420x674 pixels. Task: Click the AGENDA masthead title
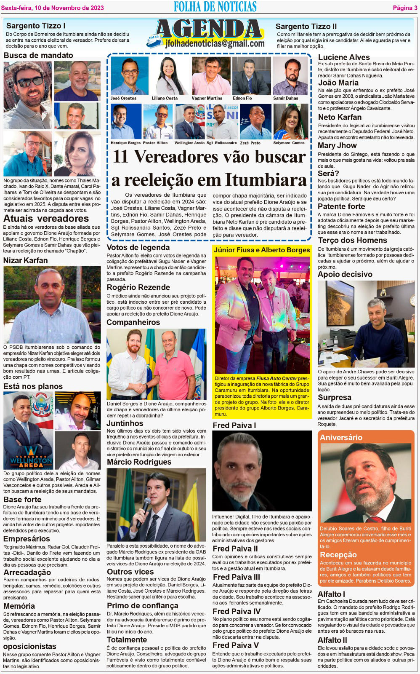point(209,29)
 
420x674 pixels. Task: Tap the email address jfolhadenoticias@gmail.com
point(215,43)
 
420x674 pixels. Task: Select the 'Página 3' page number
point(402,8)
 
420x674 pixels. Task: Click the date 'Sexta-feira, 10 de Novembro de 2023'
point(53,8)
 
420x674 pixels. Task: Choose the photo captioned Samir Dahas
point(290,76)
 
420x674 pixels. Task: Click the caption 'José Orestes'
point(124,98)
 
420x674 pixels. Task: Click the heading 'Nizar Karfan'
point(26,260)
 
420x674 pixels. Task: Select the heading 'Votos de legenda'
point(138,247)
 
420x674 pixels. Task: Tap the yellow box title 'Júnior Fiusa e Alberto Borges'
point(262,250)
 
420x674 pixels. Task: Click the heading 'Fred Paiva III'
point(237,577)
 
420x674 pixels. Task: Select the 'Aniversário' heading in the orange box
point(341,437)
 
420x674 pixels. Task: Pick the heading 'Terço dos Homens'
point(352,240)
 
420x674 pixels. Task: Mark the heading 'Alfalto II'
point(332,640)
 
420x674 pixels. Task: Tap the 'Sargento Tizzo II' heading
point(306,26)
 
